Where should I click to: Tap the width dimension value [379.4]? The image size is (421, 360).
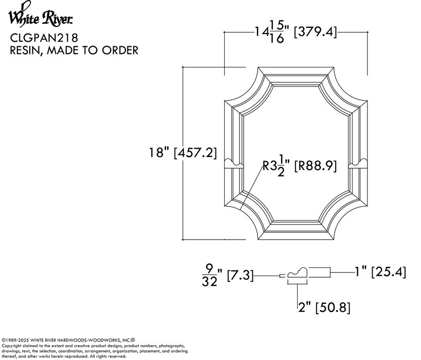click(x=315, y=32)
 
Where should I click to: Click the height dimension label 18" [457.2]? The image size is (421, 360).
click(x=182, y=153)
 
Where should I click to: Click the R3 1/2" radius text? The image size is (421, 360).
click(x=277, y=166)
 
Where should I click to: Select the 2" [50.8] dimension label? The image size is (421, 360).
click(x=324, y=308)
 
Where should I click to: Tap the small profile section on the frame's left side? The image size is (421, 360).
click(x=234, y=163)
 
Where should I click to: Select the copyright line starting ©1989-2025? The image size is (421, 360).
click(x=68, y=340)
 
